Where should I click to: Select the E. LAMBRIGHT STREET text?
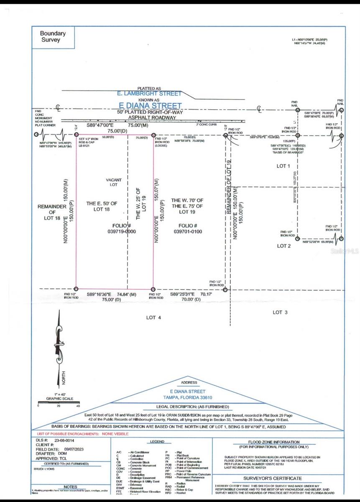[x=149, y=94]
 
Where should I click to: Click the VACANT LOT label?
[x=114, y=182]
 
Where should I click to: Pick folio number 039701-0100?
[x=187, y=231]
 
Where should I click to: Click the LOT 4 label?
[x=153, y=318]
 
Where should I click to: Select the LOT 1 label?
[x=283, y=166]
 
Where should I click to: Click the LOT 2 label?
[x=283, y=246]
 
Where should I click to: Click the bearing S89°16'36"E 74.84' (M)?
[x=112, y=295]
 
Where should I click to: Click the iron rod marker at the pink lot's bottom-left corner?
[x=76, y=289]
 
